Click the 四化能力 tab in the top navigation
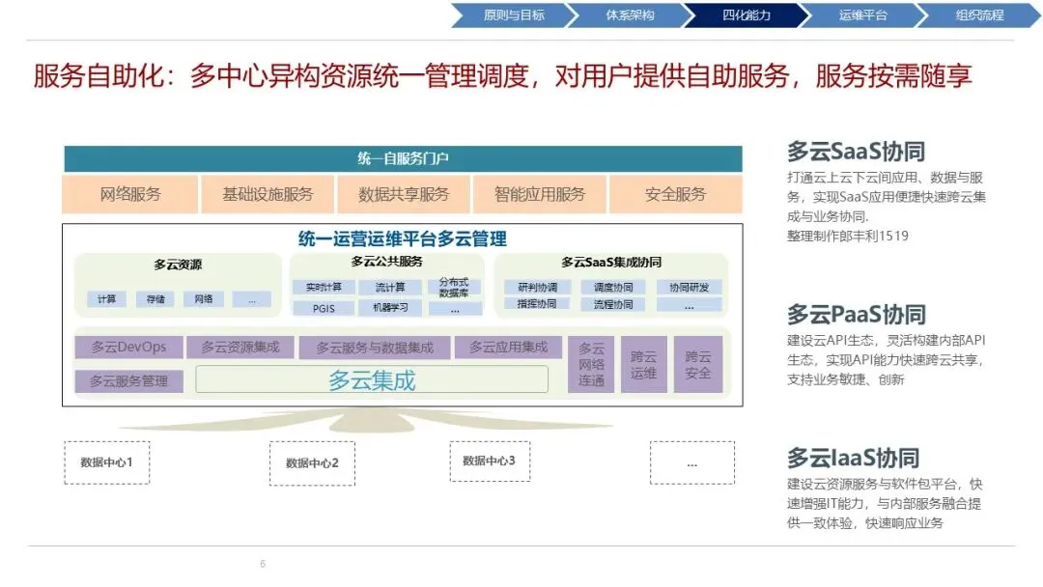746,15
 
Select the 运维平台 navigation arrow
862,15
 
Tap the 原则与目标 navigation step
513,15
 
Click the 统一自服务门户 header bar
403,158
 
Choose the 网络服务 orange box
130,194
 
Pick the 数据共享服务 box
404,194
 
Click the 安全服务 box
675,194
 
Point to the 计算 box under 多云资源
106,299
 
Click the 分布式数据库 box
453,287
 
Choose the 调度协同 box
613,288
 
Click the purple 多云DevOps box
128,348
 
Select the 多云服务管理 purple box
128,380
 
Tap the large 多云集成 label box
372,379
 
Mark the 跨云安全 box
697,364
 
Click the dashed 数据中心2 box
312,463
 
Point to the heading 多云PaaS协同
856,315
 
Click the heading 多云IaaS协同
853,458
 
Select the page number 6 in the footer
263,564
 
